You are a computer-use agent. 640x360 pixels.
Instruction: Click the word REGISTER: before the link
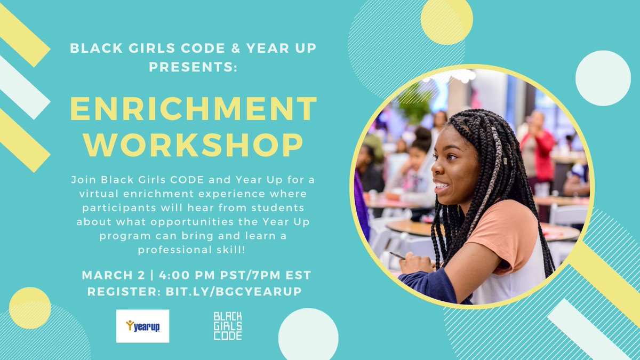click(x=117, y=292)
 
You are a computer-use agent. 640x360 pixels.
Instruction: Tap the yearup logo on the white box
click(x=142, y=326)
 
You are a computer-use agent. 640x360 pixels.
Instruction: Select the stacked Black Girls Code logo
click(x=228, y=326)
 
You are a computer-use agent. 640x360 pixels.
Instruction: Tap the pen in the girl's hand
click(x=397, y=255)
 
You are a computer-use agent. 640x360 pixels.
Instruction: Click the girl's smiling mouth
click(x=440, y=186)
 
